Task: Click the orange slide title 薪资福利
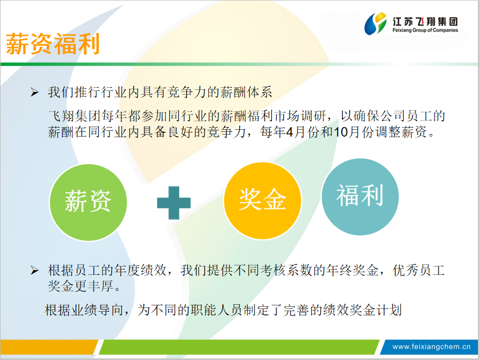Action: pos(53,44)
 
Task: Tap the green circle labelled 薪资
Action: pos(88,202)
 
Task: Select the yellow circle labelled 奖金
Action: pos(262,201)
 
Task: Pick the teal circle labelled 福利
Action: pos(360,197)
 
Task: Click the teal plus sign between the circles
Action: pos(174,203)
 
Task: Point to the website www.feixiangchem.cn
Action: pos(431,346)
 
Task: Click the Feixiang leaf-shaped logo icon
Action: pos(375,23)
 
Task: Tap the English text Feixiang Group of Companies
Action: pos(425,30)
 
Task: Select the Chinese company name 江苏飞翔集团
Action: pos(425,22)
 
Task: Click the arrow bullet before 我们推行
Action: pos(34,92)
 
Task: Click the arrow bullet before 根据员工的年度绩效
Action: pos(34,270)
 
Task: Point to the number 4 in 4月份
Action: pos(290,132)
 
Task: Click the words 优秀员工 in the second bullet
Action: pos(418,270)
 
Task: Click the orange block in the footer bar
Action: pos(49,347)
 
